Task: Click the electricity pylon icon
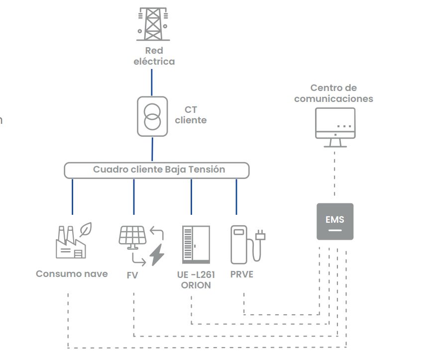coord(153,23)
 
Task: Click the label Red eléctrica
coord(154,56)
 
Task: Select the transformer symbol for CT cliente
coord(152,116)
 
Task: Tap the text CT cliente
coord(190,115)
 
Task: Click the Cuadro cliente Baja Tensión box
coord(157,170)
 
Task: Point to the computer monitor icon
coord(335,127)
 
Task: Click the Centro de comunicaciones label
coord(333,93)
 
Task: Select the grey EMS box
coord(335,221)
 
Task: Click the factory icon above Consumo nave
coord(70,244)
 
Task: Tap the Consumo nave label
coord(72,274)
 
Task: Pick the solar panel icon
coord(132,237)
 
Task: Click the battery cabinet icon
coord(196,245)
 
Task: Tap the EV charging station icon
coord(239,244)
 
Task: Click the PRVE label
coord(242,274)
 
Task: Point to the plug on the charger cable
coord(259,235)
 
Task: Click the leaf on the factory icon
coord(88,229)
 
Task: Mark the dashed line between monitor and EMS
coord(334,174)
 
